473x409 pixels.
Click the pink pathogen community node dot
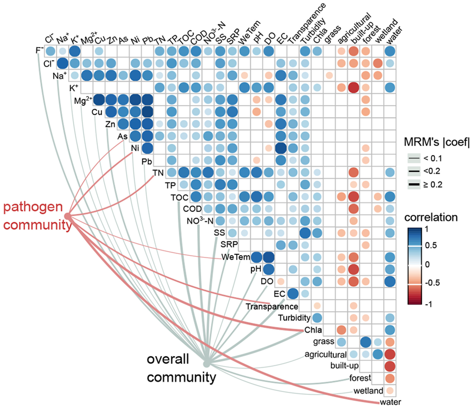[x=68, y=216]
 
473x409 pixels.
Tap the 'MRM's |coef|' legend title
[x=436, y=142]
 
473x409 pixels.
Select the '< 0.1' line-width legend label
[x=432, y=158]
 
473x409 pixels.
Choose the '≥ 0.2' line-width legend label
[x=432, y=184]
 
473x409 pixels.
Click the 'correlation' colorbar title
[x=431, y=217]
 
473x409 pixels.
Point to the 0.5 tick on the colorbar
[x=430, y=245]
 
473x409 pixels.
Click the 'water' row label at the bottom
[x=390, y=402]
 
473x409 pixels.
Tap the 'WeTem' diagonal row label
[x=236, y=257]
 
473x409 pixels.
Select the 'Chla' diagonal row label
[x=313, y=330]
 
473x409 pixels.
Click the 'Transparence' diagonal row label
[x=272, y=306]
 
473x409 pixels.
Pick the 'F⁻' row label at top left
[x=40, y=50]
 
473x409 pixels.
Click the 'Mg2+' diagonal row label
[x=83, y=101]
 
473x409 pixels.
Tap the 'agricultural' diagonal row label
[x=325, y=355]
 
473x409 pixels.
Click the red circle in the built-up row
[x=390, y=367]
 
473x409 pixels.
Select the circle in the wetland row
[x=390, y=390]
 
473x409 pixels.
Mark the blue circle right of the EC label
[x=293, y=294]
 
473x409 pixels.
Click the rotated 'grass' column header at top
[x=332, y=34]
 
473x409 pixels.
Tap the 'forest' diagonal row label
[x=360, y=378]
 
